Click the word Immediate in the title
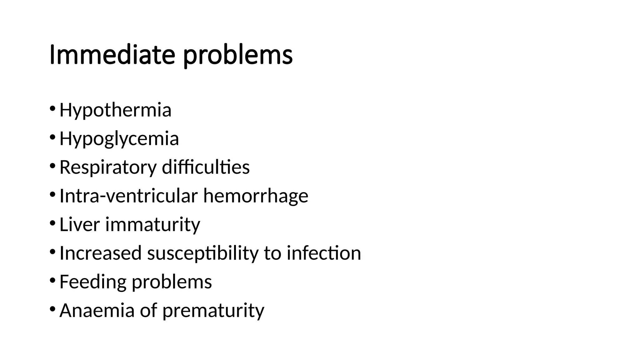coord(112,55)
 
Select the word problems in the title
coord(238,56)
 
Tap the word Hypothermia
coord(115,110)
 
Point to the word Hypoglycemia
coord(119,139)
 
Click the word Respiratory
coord(108,167)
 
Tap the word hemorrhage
coord(256,196)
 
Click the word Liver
coord(79,224)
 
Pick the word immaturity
coord(152,225)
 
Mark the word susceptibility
coord(203,253)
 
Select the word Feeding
coord(93,282)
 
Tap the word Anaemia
coord(97,310)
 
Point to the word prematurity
coord(213,311)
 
